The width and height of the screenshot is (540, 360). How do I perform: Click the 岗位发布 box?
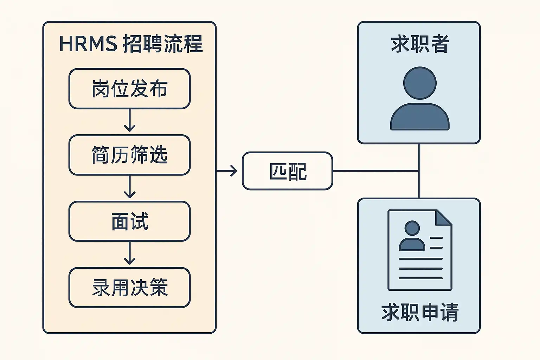point(129,89)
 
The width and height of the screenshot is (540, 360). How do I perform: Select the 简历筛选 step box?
point(129,155)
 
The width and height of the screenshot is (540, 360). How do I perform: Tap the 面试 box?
point(129,221)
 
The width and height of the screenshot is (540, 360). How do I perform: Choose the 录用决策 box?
point(129,288)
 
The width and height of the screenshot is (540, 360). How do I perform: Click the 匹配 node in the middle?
point(287,171)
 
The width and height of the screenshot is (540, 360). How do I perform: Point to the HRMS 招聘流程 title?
point(131,44)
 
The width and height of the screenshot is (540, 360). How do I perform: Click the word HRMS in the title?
point(88,44)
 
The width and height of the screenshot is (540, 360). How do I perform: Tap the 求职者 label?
point(420,44)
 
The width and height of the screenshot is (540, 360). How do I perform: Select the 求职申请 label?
point(420,312)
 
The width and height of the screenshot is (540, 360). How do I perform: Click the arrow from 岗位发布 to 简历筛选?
point(130,121)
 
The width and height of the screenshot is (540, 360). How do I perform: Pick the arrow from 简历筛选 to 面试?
point(130,187)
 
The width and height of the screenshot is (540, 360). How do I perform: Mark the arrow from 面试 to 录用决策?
point(130,254)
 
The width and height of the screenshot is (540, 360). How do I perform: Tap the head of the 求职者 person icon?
point(420,83)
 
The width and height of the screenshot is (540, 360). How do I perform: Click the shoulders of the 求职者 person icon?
point(420,118)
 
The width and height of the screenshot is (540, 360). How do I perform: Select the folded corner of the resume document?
point(443,218)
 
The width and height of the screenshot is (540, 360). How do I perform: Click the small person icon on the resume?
point(412,236)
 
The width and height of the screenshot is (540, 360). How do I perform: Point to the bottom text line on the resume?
point(420,278)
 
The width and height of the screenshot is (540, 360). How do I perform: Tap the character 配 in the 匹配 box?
point(297,172)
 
